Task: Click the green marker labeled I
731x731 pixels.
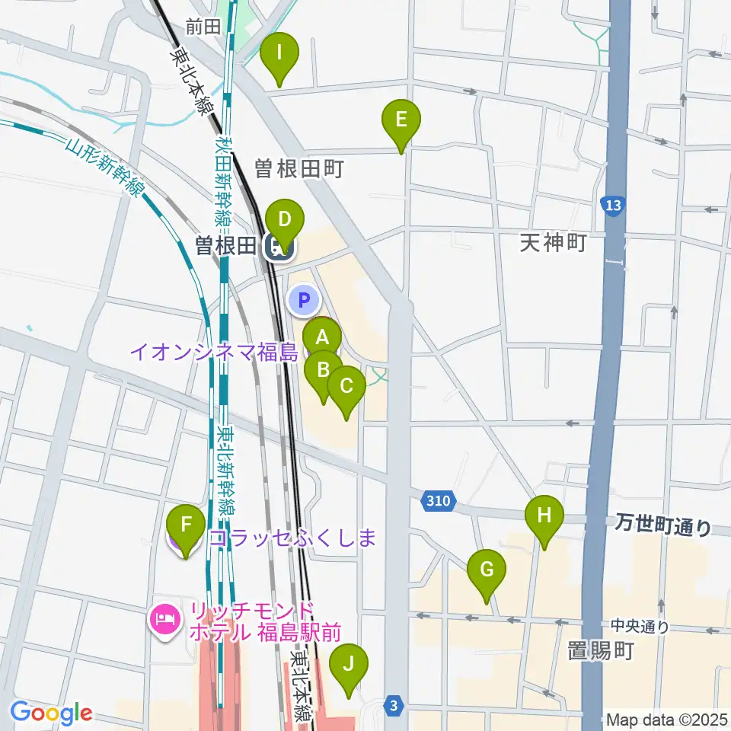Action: pyautogui.click(x=279, y=55)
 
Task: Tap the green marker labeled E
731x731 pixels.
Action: pyautogui.click(x=402, y=120)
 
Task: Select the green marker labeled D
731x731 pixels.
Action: pyautogui.click(x=284, y=222)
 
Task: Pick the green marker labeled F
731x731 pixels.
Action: pyautogui.click(x=186, y=525)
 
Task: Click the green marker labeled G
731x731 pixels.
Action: pyautogui.click(x=487, y=570)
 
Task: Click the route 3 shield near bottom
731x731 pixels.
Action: pyautogui.click(x=393, y=706)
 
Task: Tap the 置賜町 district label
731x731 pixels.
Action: pyautogui.click(x=601, y=651)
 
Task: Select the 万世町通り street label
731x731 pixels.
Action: pyautogui.click(x=663, y=525)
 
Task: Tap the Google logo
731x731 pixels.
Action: pyautogui.click(x=51, y=713)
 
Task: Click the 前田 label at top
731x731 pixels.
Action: pyautogui.click(x=203, y=27)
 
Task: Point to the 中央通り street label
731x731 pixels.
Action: pyautogui.click(x=640, y=627)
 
